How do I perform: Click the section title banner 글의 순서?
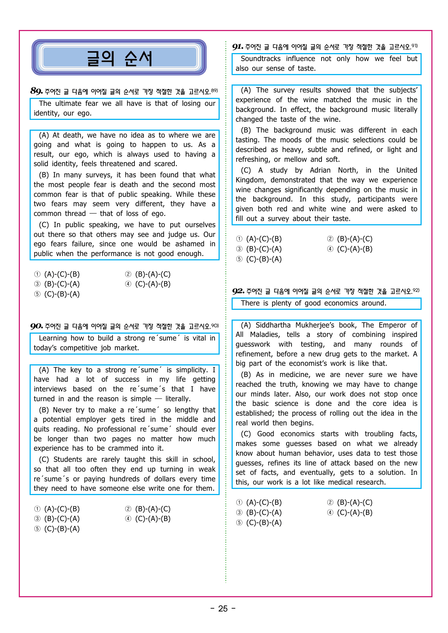tap(119, 58)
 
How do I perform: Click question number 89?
tap(36, 91)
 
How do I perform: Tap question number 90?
tap(36, 326)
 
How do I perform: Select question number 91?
tap(238, 47)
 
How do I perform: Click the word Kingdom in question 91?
tap(250, 180)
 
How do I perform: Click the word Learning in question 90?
tap(53, 338)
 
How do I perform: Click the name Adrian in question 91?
tap(320, 170)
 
